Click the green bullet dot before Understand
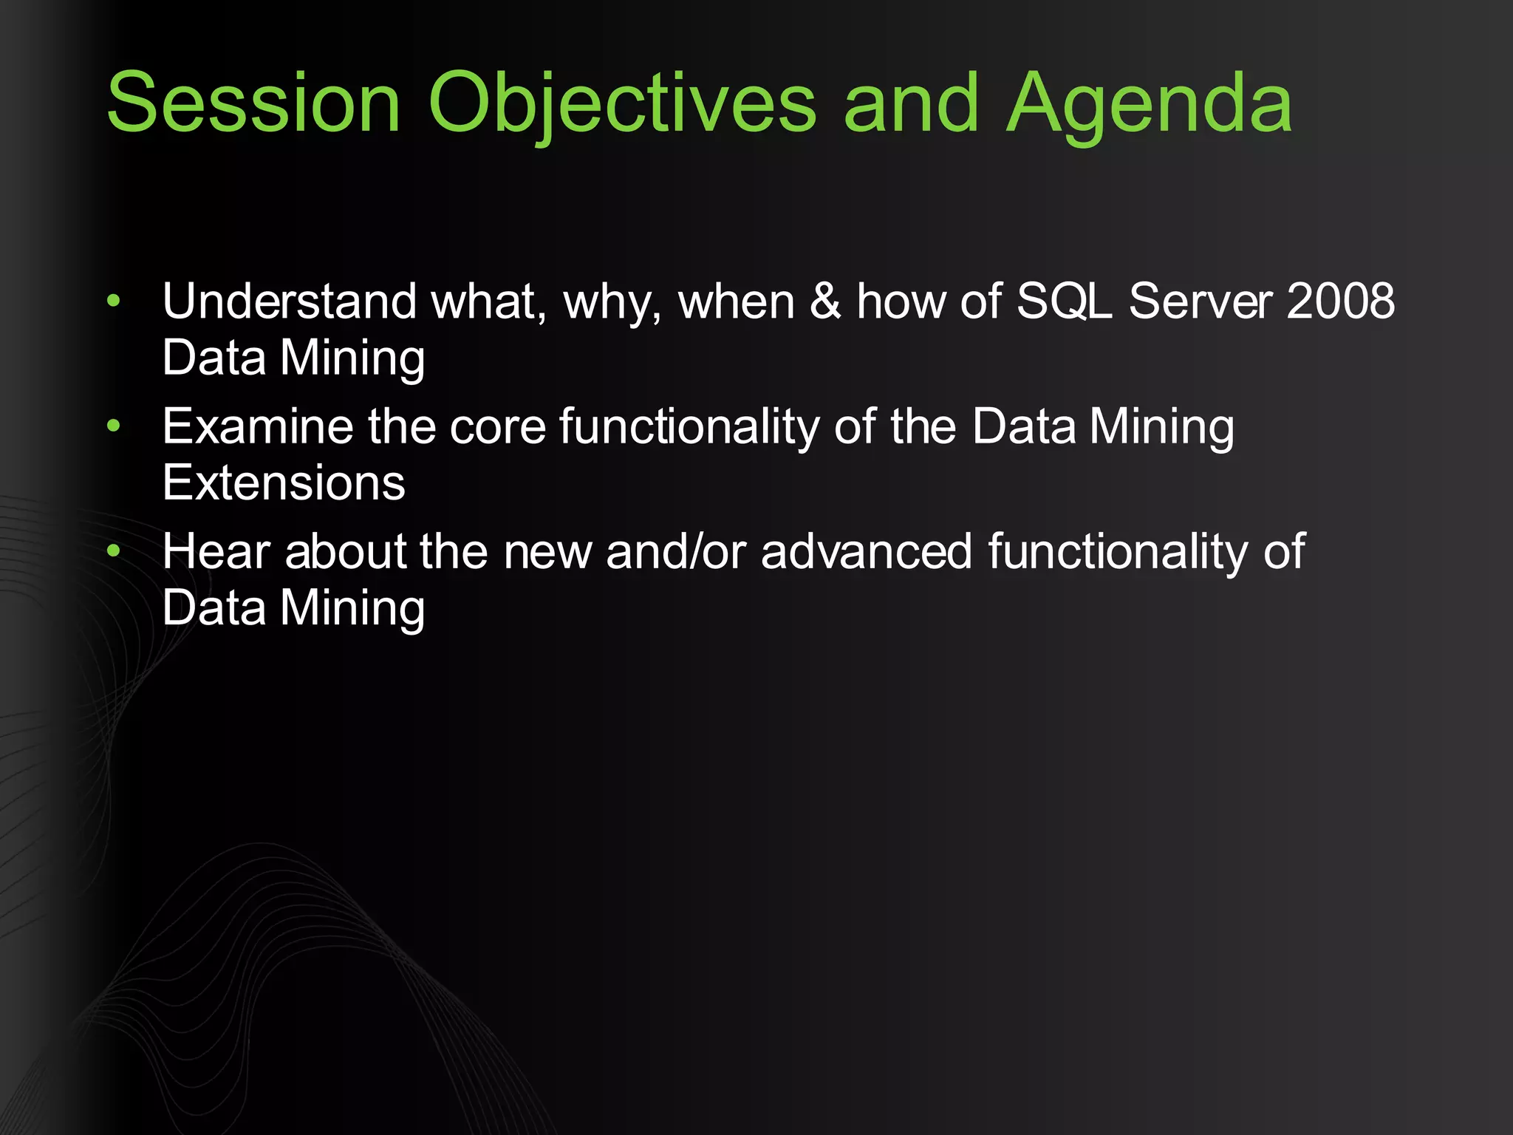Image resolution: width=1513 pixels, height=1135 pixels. point(113,301)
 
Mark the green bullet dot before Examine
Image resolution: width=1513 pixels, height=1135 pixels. point(113,426)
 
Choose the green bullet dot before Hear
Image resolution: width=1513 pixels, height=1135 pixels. point(113,551)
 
